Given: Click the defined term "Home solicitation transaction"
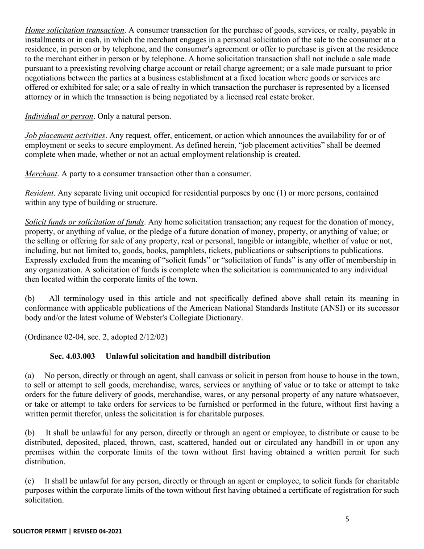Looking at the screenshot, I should [75, 30].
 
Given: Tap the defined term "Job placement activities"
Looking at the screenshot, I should [65, 135].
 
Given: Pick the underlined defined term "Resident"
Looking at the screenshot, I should [39, 193].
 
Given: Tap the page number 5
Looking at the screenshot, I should [348, 519].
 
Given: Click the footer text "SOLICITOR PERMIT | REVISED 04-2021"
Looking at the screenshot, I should [67, 531].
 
